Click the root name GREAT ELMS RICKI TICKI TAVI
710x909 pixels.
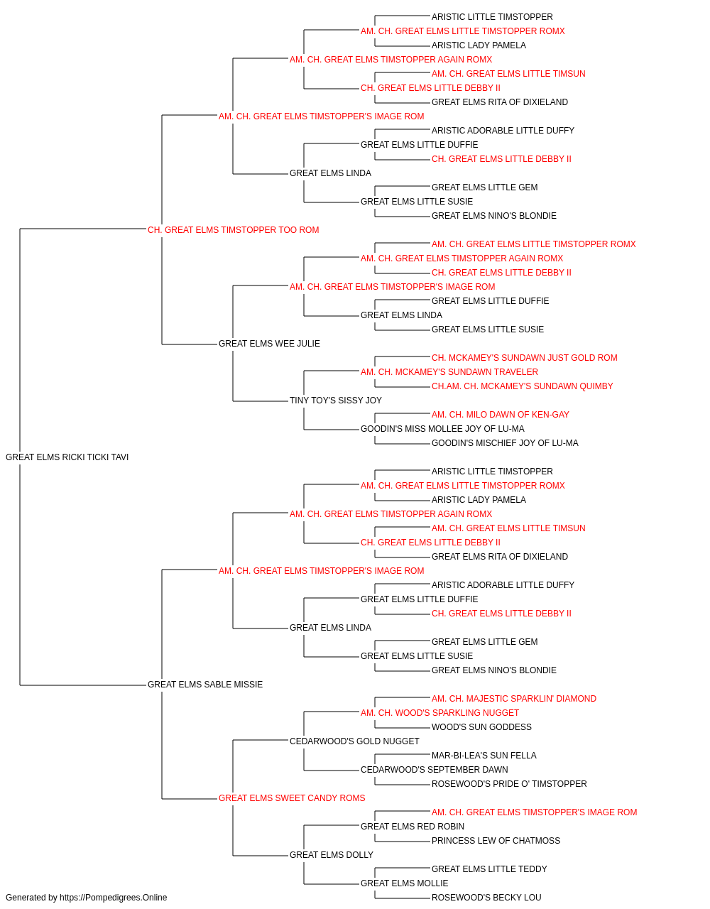(x=67, y=457)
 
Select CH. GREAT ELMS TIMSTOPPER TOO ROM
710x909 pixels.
(x=234, y=230)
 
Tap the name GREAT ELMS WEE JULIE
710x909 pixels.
(x=269, y=344)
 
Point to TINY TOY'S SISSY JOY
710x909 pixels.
(x=336, y=401)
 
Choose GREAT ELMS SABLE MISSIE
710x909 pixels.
(x=205, y=685)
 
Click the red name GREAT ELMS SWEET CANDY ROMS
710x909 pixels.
(x=292, y=798)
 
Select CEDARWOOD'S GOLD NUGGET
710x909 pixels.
(x=354, y=741)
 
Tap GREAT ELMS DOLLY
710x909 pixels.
(x=332, y=855)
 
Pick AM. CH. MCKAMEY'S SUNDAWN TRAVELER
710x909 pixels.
(x=449, y=372)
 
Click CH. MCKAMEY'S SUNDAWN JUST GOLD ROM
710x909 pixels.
(x=525, y=358)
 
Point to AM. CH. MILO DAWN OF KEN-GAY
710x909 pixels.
(x=501, y=415)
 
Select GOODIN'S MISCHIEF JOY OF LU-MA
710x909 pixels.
(x=505, y=443)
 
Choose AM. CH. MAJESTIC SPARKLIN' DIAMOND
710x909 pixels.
(x=514, y=699)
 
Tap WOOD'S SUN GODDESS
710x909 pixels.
(x=481, y=727)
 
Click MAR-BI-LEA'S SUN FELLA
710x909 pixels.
(x=484, y=756)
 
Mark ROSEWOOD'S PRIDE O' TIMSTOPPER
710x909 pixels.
(x=509, y=784)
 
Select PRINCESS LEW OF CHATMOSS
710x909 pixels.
(x=496, y=841)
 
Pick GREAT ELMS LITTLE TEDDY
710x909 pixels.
(x=489, y=869)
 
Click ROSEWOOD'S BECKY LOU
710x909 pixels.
(x=486, y=898)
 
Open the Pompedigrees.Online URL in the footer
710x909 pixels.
(x=114, y=898)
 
